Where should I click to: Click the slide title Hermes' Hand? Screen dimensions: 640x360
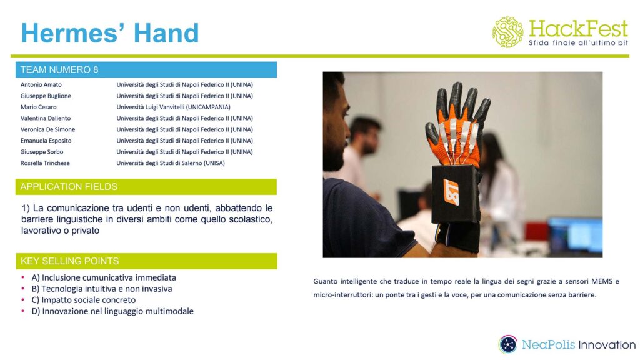[x=110, y=32]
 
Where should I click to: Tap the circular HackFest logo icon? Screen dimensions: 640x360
[x=507, y=32]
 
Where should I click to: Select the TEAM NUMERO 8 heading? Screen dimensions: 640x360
[x=59, y=70]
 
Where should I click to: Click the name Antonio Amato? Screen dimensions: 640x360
[x=41, y=84]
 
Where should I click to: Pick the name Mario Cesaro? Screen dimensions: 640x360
[x=38, y=107]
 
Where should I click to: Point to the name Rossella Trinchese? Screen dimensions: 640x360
[x=45, y=163]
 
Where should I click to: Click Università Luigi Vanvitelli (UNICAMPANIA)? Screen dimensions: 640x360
[x=173, y=107]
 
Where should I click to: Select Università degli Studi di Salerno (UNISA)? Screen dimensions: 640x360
[x=170, y=163]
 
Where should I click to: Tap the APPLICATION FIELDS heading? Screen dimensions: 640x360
[x=69, y=187]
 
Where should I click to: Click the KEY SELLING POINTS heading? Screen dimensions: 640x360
[x=69, y=261]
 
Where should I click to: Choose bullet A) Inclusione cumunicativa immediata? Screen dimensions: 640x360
[x=104, y=277]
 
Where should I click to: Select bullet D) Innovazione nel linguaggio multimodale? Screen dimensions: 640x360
[x=112, y=311]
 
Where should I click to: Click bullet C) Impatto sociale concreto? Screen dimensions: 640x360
[x=83, y=300]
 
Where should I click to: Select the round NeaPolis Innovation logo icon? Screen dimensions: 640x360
[x=508, y=344]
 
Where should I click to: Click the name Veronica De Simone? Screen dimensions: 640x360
[x=47, y=129]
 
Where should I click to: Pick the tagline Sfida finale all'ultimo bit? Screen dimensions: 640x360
[x=578, y=42]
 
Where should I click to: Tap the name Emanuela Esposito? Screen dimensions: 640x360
[x=46, y=141]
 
